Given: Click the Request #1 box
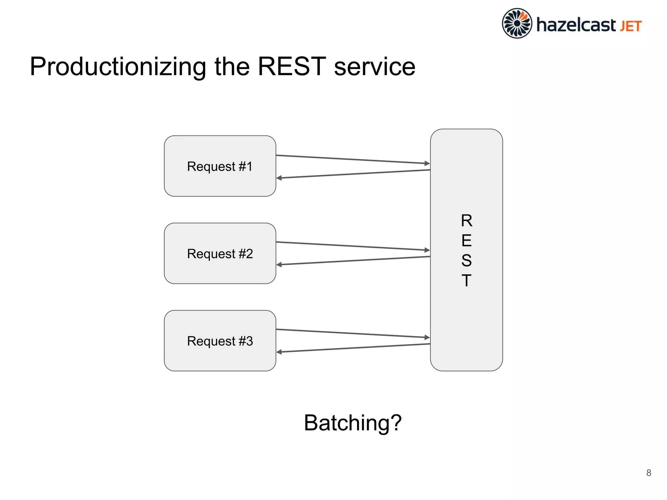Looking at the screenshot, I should coord(220,166).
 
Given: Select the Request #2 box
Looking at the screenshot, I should coord(220,253).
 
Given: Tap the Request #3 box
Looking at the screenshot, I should coord(220,340).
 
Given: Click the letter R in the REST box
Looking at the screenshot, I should coord(466,221).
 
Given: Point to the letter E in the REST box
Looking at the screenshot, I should coord(466,241).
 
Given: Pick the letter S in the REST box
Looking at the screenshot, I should coord(466,260).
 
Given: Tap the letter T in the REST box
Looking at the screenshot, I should coord(466,280).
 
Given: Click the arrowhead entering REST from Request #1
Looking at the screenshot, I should coord(427,163).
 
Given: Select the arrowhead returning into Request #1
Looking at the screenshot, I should coord(279,178).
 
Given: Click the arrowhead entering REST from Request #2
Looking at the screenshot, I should coord(427,250).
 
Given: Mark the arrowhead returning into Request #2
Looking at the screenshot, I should coord(279,265).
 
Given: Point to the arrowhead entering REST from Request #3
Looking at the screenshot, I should coord(427,337).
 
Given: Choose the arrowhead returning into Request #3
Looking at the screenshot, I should coord(279,352).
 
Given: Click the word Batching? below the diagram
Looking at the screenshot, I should coord(353,423).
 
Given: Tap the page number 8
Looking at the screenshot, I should coord(648,473).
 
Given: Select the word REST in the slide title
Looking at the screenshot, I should coord(291,66).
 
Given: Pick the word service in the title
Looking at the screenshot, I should coord(375,67).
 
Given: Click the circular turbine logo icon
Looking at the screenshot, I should coord(517,23).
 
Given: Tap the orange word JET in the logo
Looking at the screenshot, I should coord(631,26).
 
